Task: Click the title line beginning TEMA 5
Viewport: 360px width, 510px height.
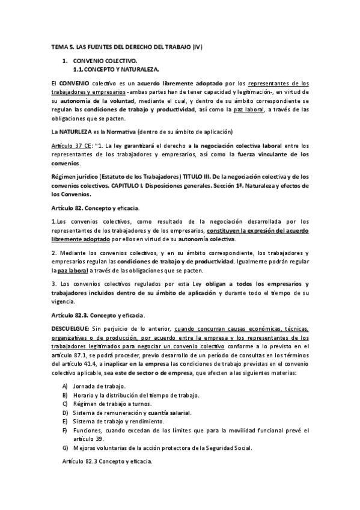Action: coord(127,47)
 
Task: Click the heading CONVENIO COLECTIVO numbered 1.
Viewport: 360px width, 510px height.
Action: coord(105,61)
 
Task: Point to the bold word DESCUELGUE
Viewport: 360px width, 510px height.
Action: coord(70,330)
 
